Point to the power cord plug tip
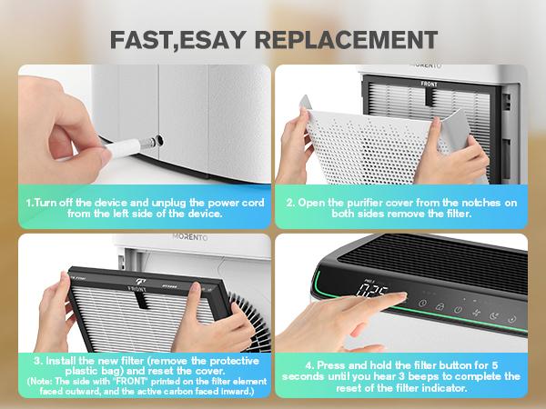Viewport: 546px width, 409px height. coord(137,144)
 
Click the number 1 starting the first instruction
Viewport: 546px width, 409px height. coord(29,200)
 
